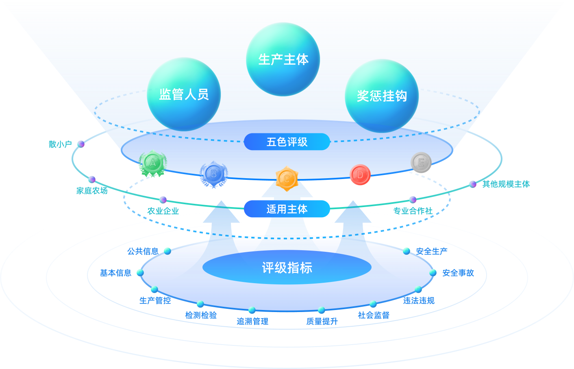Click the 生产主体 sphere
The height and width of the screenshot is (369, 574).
(283, 59)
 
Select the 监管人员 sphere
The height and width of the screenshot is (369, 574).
(184, 94)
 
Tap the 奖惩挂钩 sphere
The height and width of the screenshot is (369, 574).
(382, 96)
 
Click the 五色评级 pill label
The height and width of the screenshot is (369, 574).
(287, 142)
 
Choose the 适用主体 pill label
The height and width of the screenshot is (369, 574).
(287, 209)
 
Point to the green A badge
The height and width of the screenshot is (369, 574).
(153, 163)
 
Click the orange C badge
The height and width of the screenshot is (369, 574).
(287, 179)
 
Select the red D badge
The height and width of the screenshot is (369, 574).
(360, 175)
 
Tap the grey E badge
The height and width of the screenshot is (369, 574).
(421, 163)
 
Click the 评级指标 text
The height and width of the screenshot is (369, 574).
(287, 268)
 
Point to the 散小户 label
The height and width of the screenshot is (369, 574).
(60, 144)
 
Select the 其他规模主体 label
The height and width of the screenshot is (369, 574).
(506, 184)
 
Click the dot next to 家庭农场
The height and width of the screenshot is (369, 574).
(92, 179)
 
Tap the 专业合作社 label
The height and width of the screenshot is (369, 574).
(413, 211)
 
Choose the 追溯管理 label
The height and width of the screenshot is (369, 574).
(252, 321)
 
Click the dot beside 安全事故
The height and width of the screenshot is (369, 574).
(433, 273)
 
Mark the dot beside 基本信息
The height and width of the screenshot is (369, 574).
(140, 273)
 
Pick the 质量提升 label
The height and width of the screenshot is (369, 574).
(322, 321)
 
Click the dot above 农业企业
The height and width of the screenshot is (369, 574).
(163, 200)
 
